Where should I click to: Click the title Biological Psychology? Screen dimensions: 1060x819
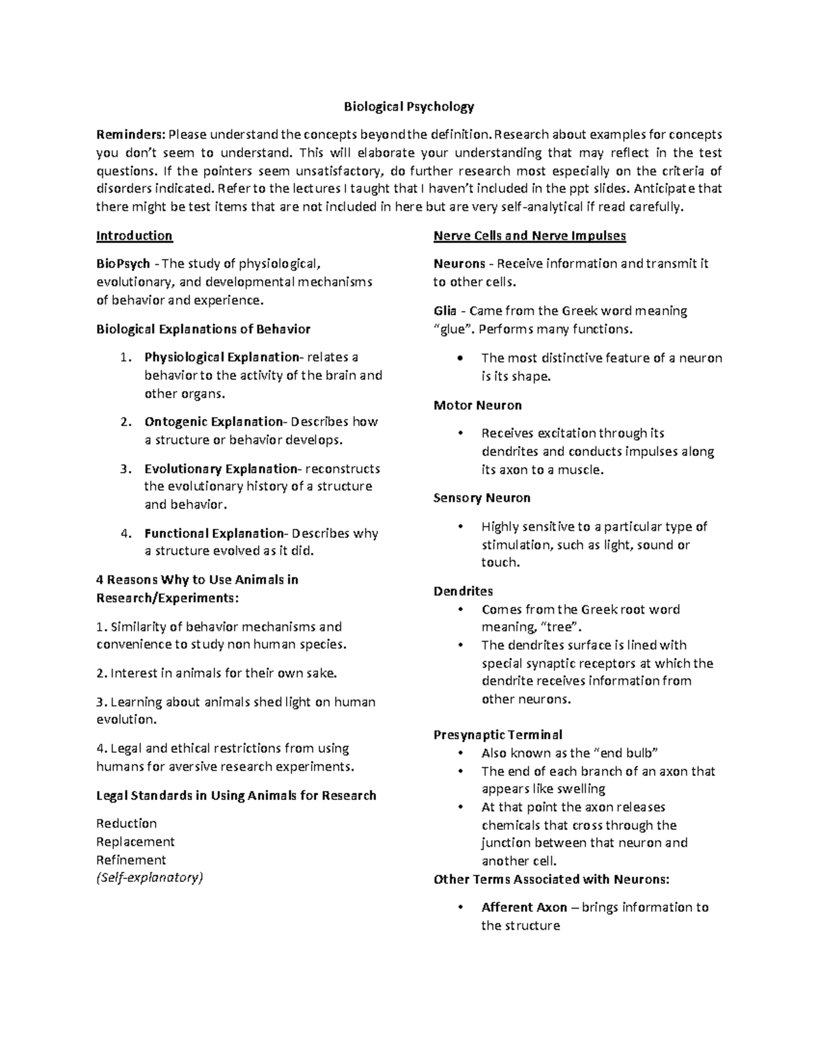point(408,106)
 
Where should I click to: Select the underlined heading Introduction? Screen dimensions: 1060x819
point(134,236)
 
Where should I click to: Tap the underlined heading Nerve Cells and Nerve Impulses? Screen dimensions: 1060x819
point(530,236)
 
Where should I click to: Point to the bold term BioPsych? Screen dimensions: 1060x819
point(123,264)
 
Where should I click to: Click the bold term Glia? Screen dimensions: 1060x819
point(444,311)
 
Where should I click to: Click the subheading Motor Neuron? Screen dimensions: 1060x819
point(478,405)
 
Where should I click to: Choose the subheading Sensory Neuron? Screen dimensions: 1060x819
point(482,498)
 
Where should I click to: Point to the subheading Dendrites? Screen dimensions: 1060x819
point(463,591)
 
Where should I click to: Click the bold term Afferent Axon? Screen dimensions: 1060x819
point(524,908)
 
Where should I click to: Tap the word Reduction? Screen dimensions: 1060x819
point(127,824)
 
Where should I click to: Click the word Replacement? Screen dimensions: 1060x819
point(136,842)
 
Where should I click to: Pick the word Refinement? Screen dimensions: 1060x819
point(131,860)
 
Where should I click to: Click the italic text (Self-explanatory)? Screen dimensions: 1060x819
point(149,878)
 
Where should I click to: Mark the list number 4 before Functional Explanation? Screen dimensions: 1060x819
point(124,534)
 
